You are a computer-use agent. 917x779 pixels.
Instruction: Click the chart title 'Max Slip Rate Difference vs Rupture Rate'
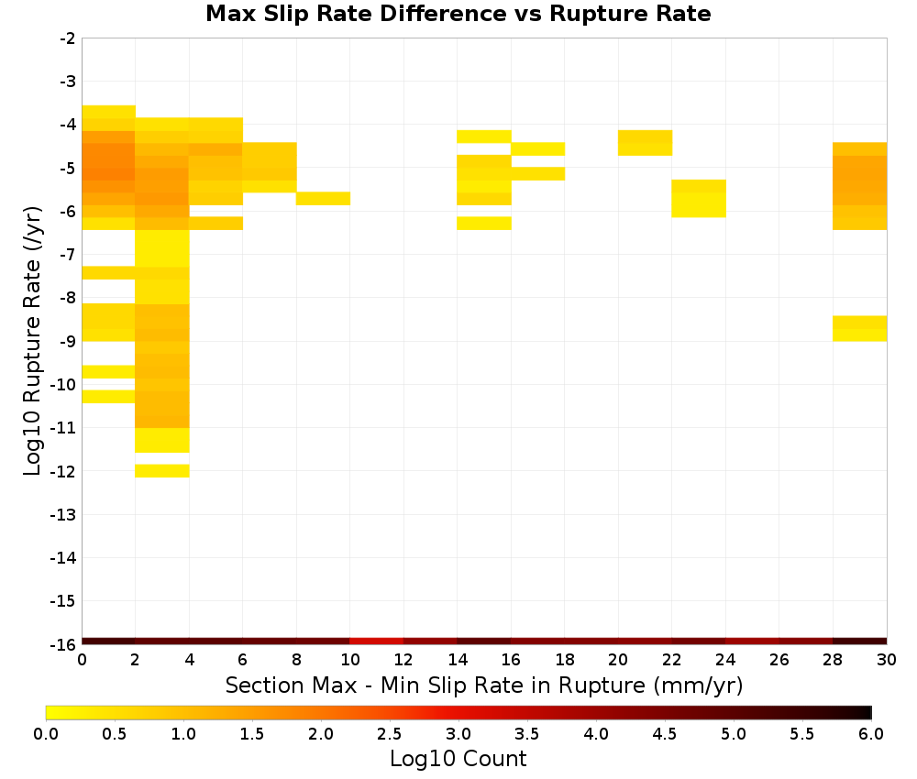(x=458, y=14)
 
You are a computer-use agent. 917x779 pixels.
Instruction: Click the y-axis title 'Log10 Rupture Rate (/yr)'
(x=32, y=341)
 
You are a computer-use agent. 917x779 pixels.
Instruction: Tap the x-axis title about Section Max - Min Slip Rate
(x=484, y=686)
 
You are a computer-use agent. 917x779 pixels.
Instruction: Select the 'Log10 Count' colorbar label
(x=458, y=759)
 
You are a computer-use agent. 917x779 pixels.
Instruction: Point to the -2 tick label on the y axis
(x=68, y=38)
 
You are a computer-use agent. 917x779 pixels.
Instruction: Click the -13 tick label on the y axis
(x=64, y=514)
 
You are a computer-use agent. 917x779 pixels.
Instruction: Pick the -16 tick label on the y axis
(x=64, y=644)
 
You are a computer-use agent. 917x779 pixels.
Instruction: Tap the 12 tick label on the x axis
(x=403, y=660)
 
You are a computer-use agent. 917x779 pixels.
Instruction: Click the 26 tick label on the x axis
(x=779, y=660)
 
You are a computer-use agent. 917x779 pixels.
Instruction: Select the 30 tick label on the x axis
(x=887, y=660)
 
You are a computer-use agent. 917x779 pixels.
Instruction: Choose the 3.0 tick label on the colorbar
(x=458, y=734)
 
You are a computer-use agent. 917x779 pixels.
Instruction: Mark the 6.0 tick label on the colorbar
(x=871, y=734)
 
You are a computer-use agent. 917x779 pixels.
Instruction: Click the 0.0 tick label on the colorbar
(x=46, y=734)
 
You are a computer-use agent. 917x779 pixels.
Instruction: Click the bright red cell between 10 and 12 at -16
(x=377, y=642)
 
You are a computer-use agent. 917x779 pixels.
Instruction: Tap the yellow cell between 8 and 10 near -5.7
(x=324, y=199)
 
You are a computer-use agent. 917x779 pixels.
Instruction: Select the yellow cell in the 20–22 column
(x=645, y=143)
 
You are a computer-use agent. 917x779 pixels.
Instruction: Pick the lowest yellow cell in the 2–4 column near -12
(x=162, y=471)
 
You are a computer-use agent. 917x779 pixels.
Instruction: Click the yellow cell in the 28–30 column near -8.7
(x=860, y=328)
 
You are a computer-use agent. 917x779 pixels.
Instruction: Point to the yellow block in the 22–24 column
(x=699, y=199)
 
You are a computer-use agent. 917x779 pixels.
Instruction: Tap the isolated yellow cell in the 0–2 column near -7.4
(x=109, y=273)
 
